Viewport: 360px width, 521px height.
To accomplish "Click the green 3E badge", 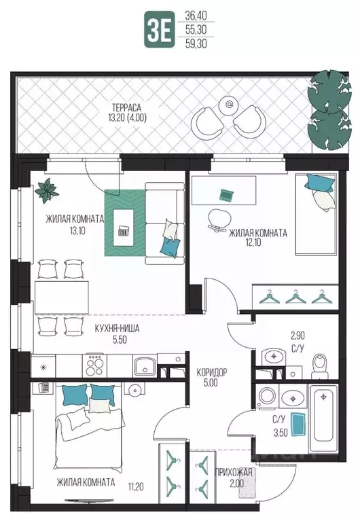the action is (159, 29).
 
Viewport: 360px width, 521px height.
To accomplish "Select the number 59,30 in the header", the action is (196, 43).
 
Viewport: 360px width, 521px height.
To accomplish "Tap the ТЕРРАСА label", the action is (126, 107).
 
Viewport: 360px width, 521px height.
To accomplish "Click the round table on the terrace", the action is (229, 105).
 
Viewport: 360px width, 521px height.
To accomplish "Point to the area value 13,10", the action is (77, 230).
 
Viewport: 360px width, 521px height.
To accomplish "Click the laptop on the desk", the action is (227, 195).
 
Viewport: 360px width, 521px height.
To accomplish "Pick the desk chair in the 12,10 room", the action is (219, 220).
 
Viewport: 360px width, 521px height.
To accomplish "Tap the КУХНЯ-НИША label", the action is (117, 329).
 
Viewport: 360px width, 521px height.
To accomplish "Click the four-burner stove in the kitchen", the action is (94, 365).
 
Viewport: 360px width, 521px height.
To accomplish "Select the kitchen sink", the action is (145, 366).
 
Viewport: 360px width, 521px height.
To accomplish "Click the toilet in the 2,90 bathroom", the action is (320, 366).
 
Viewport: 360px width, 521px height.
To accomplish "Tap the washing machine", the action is (268, 396).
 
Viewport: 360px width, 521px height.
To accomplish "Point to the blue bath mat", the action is (299, 424).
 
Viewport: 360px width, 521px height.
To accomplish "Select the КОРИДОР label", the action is (212, 372).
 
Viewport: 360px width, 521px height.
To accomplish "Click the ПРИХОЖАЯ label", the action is (234, 472).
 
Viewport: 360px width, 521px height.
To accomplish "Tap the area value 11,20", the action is (136, 487).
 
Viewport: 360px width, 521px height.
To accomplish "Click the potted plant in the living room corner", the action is (47, 190).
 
